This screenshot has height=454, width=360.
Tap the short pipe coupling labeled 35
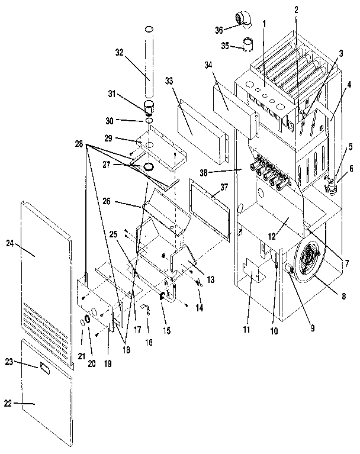coord(248,44)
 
